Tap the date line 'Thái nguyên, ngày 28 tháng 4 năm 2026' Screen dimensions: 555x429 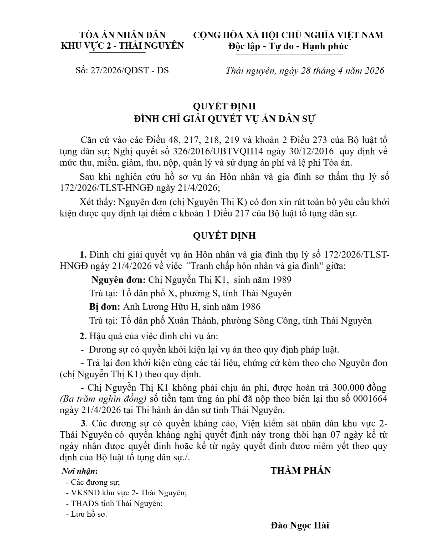coord(305,71)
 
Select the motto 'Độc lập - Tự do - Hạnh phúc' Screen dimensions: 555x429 coord(288,46)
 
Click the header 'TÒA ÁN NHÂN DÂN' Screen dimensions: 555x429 coord(122,35)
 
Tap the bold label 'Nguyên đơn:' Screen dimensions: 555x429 coord(119,280)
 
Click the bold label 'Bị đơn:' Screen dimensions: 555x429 coord(105,307)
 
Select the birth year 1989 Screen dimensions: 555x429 coord(282,280)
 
